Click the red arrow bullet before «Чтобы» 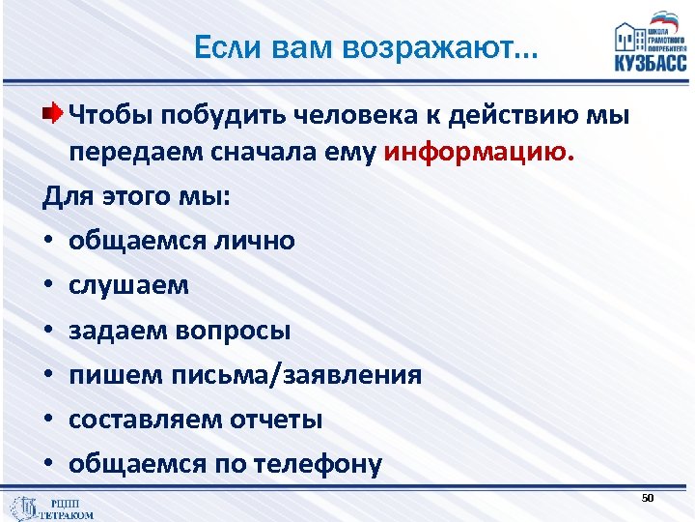coord(56,115)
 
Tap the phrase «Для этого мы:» coord(136,196)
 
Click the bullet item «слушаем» coord(128,285)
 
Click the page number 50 coord(648,497)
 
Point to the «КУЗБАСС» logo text coord(651,63)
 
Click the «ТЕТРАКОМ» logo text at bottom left coord(66,515)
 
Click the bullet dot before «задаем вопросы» coord(48,331)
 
